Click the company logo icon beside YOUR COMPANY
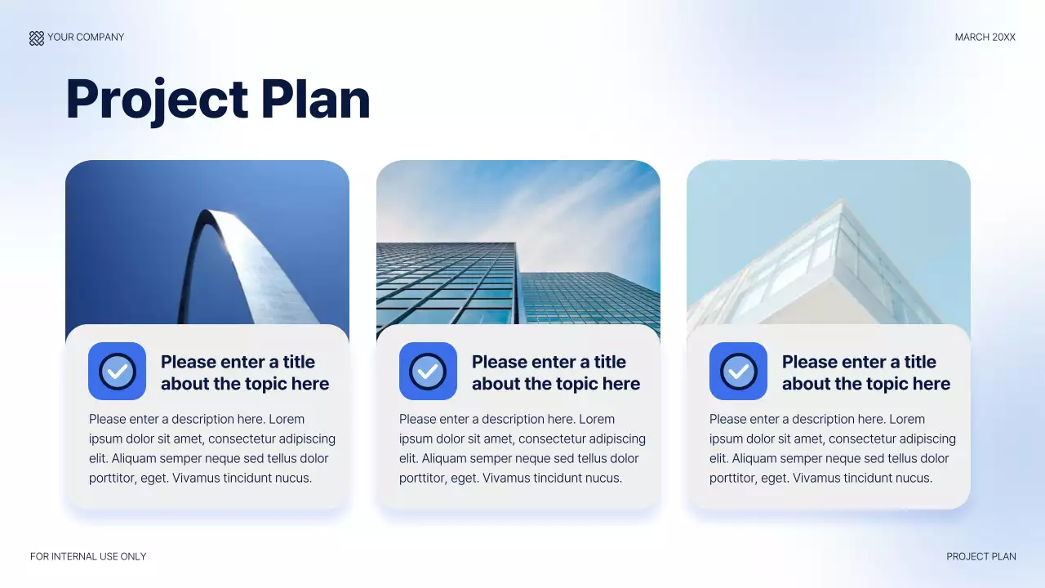(x=37, y=38)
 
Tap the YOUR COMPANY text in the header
(x=86, y=38)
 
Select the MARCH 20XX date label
(x=985, y=38)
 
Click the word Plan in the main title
(x=315, y=100)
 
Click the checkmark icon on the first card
(x=117, y=371)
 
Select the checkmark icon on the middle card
(x=428, y=371)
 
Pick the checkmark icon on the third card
(x=738, y=371)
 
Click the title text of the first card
(x=244, y=372)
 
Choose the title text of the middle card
(x=555, y=372)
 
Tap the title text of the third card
(x=865, y=372)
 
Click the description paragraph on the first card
(x=211, y=448)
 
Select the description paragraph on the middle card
(x=522, y=448)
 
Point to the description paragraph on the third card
(x=832, y=448)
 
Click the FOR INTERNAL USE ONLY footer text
(x=88, y=556)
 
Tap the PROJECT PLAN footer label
(x=981, y=556)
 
